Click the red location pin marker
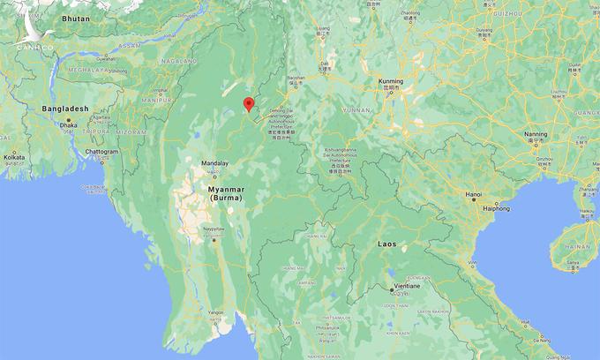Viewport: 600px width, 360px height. [249, 105]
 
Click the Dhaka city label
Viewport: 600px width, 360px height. [69, 125]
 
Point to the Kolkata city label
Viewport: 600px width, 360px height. [15, 156]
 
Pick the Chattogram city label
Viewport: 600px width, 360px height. [101, 151]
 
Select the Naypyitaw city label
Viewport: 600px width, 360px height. [214, 229]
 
